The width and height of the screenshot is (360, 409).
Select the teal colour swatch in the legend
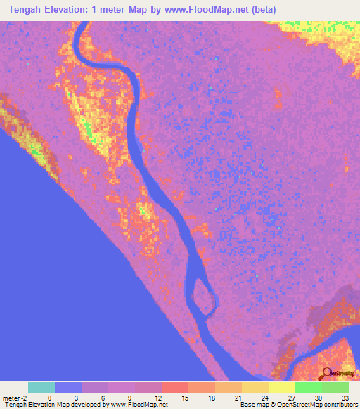coord(41,387)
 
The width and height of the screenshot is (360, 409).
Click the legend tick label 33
coord(345,397)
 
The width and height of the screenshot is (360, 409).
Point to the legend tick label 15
coord(184,397)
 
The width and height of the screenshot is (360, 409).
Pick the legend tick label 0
coord(50,397)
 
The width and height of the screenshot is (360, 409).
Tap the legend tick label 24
coord(264,397)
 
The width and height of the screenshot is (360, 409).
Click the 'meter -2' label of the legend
coord(14,397)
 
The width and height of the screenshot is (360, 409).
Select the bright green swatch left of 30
coord(308,387)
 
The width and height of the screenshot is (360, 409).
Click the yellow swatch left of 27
coord(281,387)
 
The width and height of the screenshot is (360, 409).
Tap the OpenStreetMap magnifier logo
coord(326,373)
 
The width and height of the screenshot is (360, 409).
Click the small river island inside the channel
coord(203,294)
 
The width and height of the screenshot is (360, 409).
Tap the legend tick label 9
coord(130,397)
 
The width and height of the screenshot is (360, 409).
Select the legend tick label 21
coord(237,397)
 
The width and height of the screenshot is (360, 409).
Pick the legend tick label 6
coord(103,397)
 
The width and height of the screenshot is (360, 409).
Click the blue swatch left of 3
coord(68,387)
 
